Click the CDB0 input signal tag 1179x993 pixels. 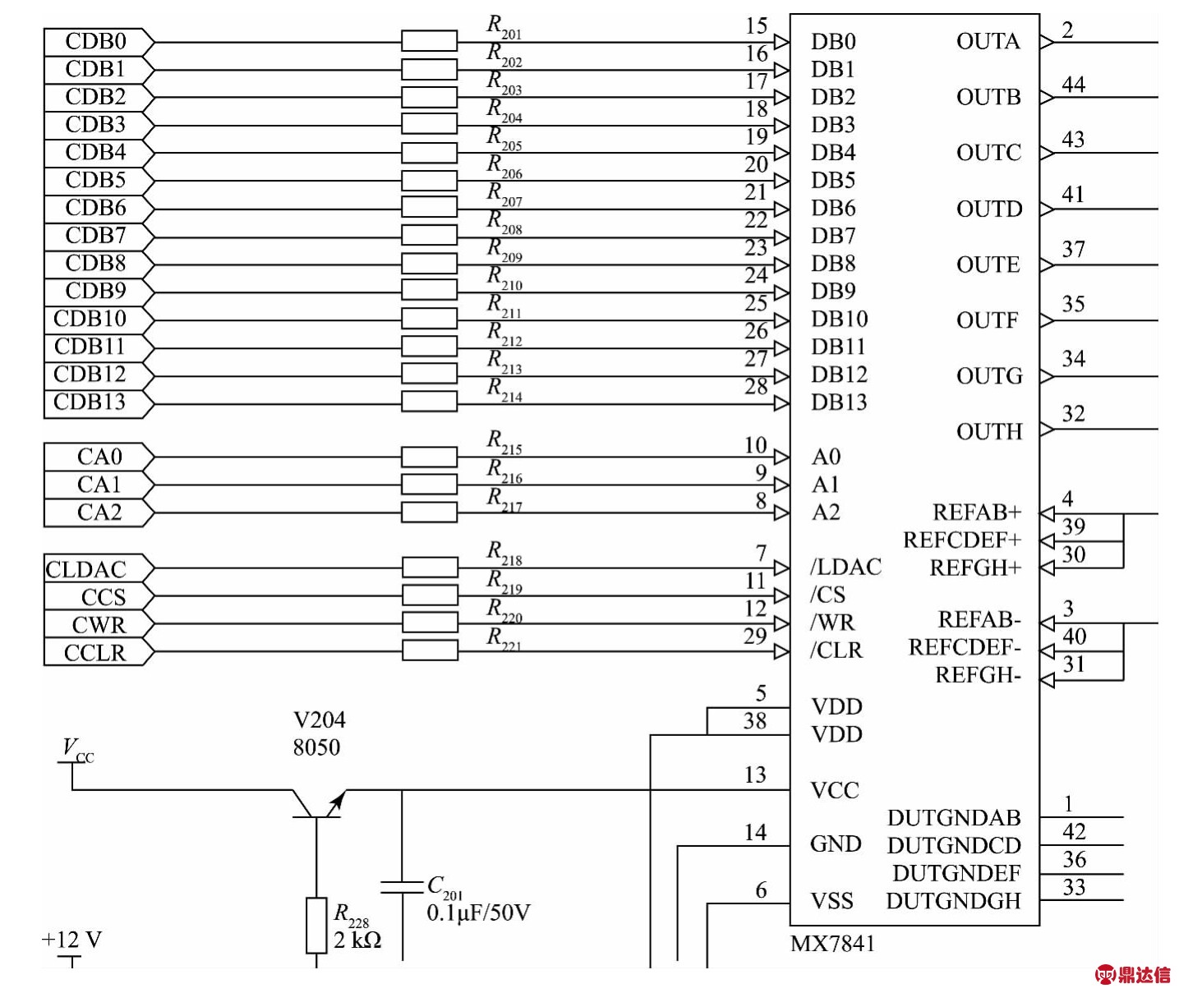(97, 41)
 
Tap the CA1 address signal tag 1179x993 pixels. (99, 485)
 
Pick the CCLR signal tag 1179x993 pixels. (95, 653)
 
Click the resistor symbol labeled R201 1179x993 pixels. (429, 41)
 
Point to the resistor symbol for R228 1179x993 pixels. (316, 926)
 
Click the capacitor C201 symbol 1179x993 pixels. (402, 886)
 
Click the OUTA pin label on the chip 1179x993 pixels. (988, 42)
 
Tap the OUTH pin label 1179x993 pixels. (989, 432)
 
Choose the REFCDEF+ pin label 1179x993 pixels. (962, 540)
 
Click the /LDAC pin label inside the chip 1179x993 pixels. (845, 568)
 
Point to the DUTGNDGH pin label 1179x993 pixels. (953, 901)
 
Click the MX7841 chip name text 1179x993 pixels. (832, 944)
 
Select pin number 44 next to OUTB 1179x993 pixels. (1073, 85)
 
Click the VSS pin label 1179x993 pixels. (832, 901)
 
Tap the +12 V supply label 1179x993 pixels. (71, 940)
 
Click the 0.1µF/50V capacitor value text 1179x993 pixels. (478, 913)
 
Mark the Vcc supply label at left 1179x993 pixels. (77, 749)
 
